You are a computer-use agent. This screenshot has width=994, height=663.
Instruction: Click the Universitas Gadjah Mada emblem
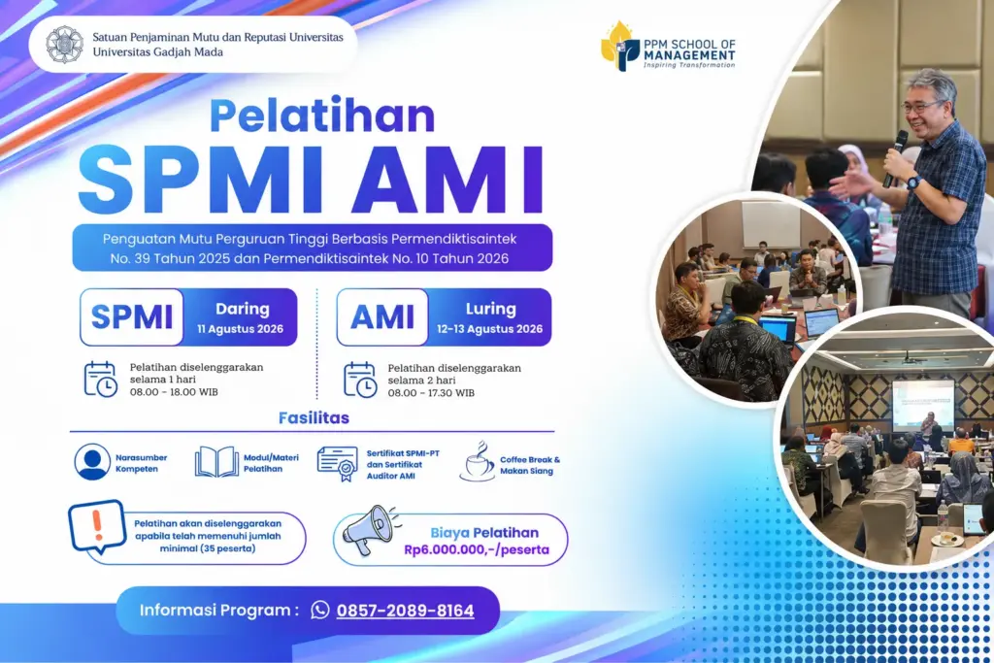[65, 45]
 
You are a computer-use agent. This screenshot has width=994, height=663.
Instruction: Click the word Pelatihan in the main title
[322, 116]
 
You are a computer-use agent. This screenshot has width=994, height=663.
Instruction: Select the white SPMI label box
[132, 316]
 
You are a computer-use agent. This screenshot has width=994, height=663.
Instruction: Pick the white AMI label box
[382, 316]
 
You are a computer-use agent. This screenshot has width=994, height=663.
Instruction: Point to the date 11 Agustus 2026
[241, 329]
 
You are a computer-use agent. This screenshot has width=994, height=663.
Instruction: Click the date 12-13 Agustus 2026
[489, 329]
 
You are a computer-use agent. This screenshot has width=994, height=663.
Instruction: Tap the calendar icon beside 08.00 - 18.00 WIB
[101, 379]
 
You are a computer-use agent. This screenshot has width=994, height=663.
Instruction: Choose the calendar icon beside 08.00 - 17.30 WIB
[360, 380]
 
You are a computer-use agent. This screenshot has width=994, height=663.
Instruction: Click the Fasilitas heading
[314, 417]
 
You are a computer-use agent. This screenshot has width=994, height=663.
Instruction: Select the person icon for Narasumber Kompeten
[92, 461]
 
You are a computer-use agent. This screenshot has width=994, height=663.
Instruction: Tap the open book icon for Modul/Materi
[216, 461]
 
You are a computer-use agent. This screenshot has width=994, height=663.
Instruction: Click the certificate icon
[337, 463]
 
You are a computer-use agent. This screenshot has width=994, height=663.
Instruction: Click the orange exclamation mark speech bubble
[97, 527]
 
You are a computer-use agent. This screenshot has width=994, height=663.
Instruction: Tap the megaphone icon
[370, 530]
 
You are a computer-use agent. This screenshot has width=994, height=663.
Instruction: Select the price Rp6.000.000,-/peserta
[477, 549]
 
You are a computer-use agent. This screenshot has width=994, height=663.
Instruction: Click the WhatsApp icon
[320, 610]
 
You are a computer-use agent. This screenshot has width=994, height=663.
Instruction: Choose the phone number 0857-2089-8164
[405, 611]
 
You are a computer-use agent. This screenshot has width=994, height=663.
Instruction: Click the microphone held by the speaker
[896, 158]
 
